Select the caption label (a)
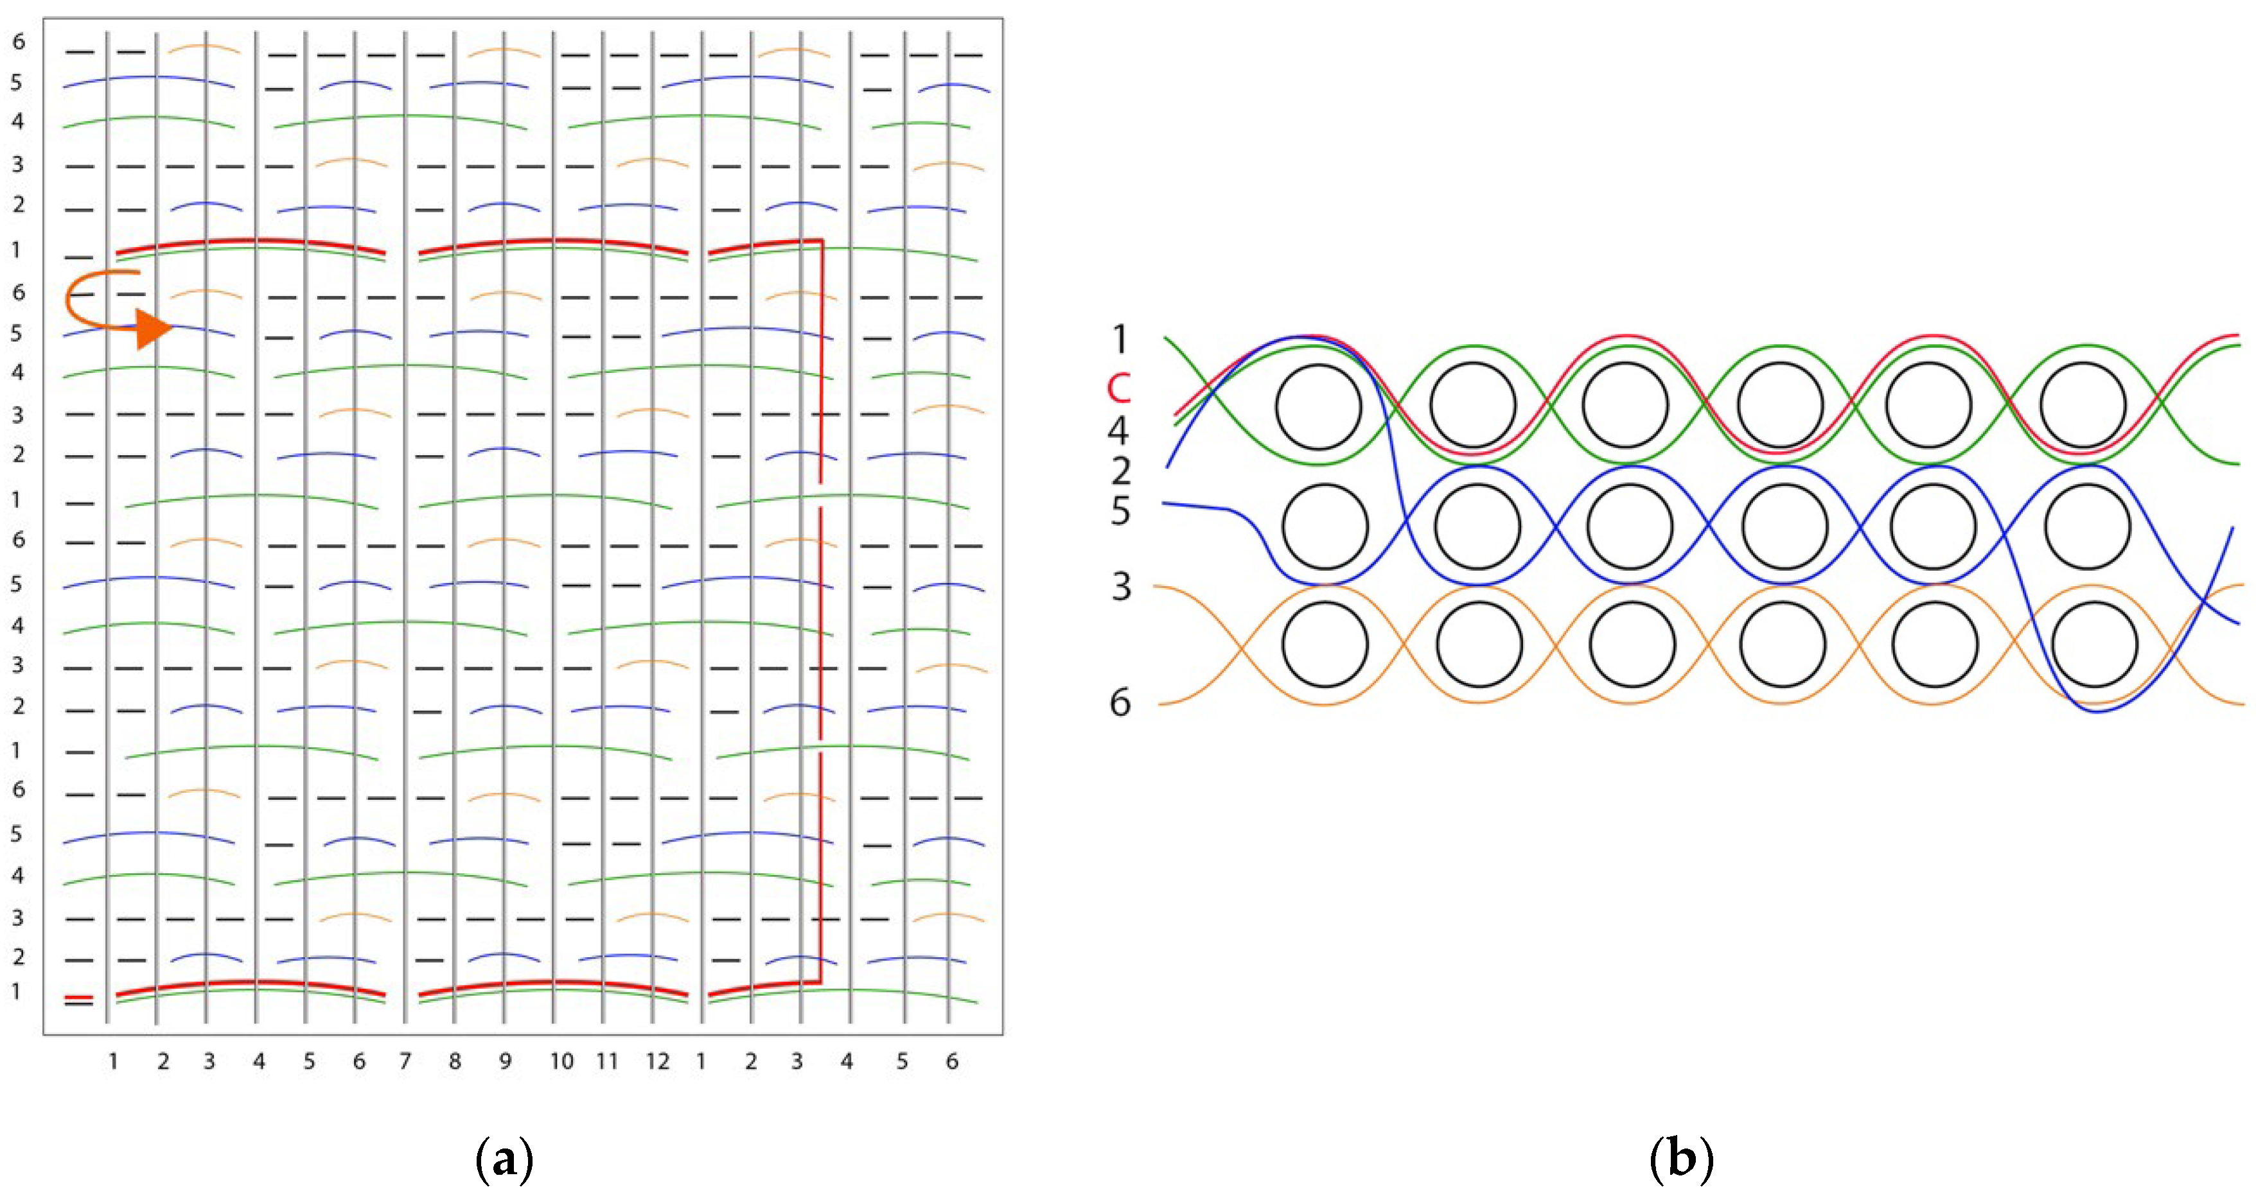click(504, 1161)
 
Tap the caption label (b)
click(1680, 1161)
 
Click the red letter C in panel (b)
click(1119, 388)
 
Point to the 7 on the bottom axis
click(405, 1062)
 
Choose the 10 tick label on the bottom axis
click(561, 1062)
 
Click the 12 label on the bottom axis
click(658, 1062)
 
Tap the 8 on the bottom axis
click(455, 1062)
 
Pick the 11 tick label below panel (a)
click(607, 1062)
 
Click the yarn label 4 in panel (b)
click(1118, 430)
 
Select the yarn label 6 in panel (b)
click(1120, 702)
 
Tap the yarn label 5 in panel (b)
click(1120, 510)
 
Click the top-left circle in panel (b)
click(1318, 407)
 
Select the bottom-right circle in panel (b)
click(2094, 645)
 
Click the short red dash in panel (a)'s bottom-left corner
click(79, 997)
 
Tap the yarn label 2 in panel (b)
click(1120, 471)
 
